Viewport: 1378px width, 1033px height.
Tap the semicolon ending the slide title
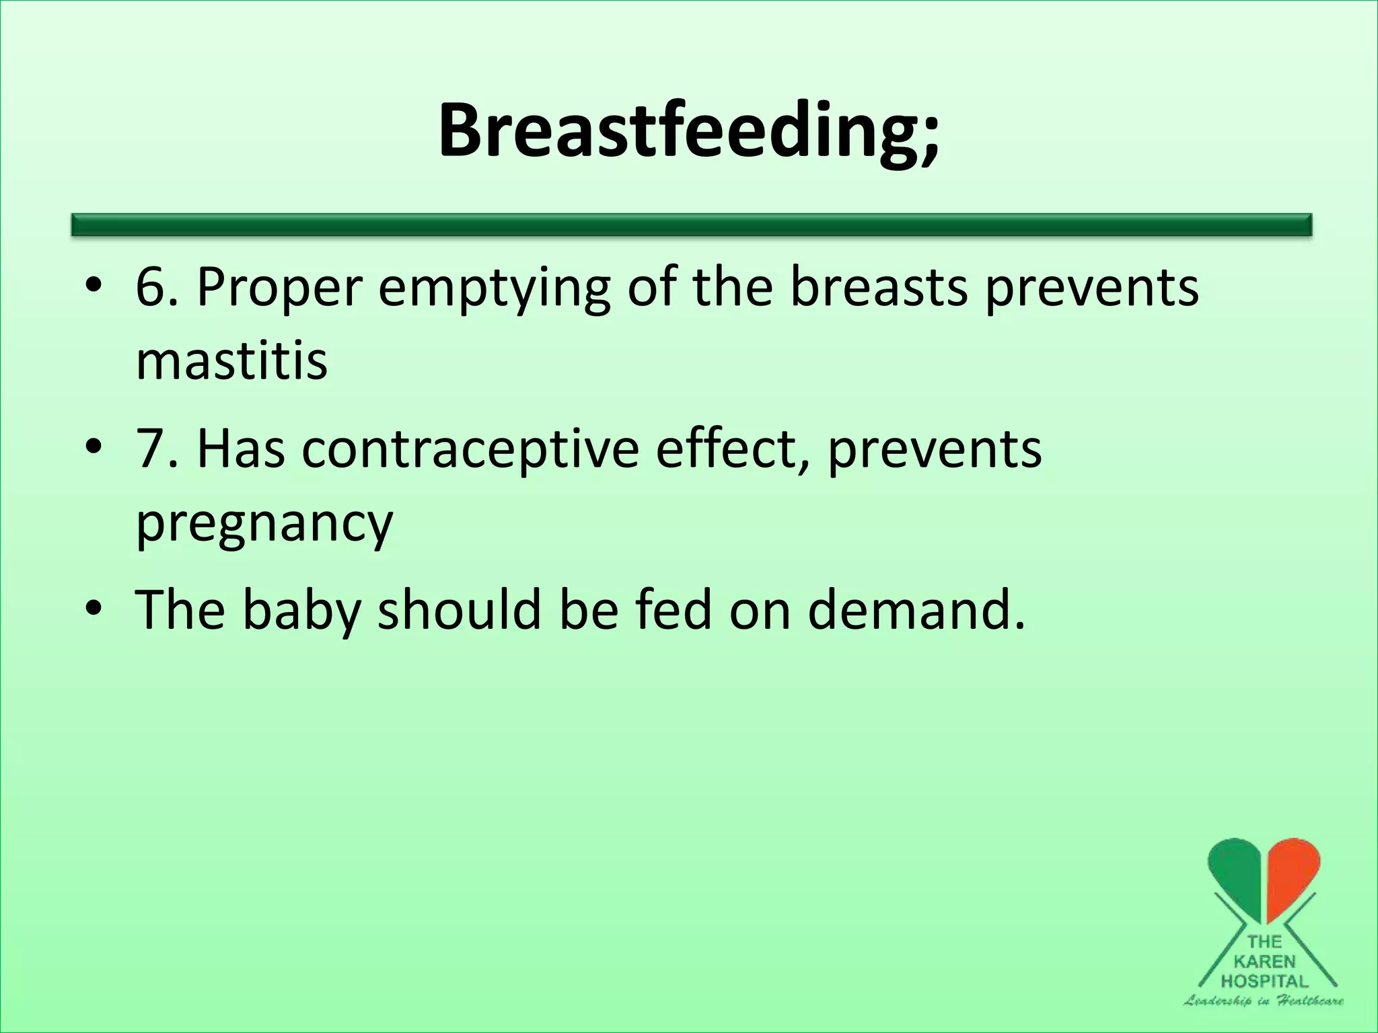(929, 138)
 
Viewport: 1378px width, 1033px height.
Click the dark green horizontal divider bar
(692, 225)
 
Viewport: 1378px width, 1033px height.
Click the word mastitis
(231, 360)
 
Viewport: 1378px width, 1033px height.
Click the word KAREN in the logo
(1264, 962)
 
